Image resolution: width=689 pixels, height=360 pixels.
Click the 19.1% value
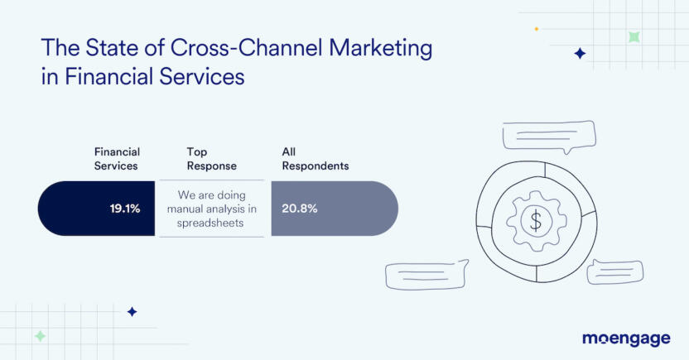click(125, 208)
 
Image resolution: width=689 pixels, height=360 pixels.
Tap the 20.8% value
click(300, 208)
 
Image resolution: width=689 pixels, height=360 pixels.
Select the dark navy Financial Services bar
click(96, 208)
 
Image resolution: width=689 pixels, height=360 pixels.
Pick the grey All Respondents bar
click(335, 208)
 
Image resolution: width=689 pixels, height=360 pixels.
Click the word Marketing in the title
click(381, 49)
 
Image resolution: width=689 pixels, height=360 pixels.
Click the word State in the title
click(112, 48)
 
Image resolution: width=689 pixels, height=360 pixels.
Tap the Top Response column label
click(212, 159)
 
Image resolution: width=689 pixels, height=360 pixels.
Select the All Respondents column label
click(316, 159)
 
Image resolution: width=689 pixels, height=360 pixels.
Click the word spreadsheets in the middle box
click(210, 223)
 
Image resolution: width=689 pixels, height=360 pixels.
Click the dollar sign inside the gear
click(536, 220)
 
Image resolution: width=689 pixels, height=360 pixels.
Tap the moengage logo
click(626, 338)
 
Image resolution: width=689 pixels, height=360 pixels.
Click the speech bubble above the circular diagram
click(549, 137)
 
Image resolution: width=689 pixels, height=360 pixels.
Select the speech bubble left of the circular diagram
click(426, 275)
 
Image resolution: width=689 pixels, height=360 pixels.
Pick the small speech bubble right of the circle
click(615, 271)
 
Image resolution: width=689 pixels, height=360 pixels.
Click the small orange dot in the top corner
click(536, 29)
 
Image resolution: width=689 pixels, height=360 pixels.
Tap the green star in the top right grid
click(634, 37)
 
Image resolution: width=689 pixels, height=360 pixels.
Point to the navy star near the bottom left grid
click(132, 312)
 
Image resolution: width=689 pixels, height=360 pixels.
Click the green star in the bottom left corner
click(40, 336)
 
